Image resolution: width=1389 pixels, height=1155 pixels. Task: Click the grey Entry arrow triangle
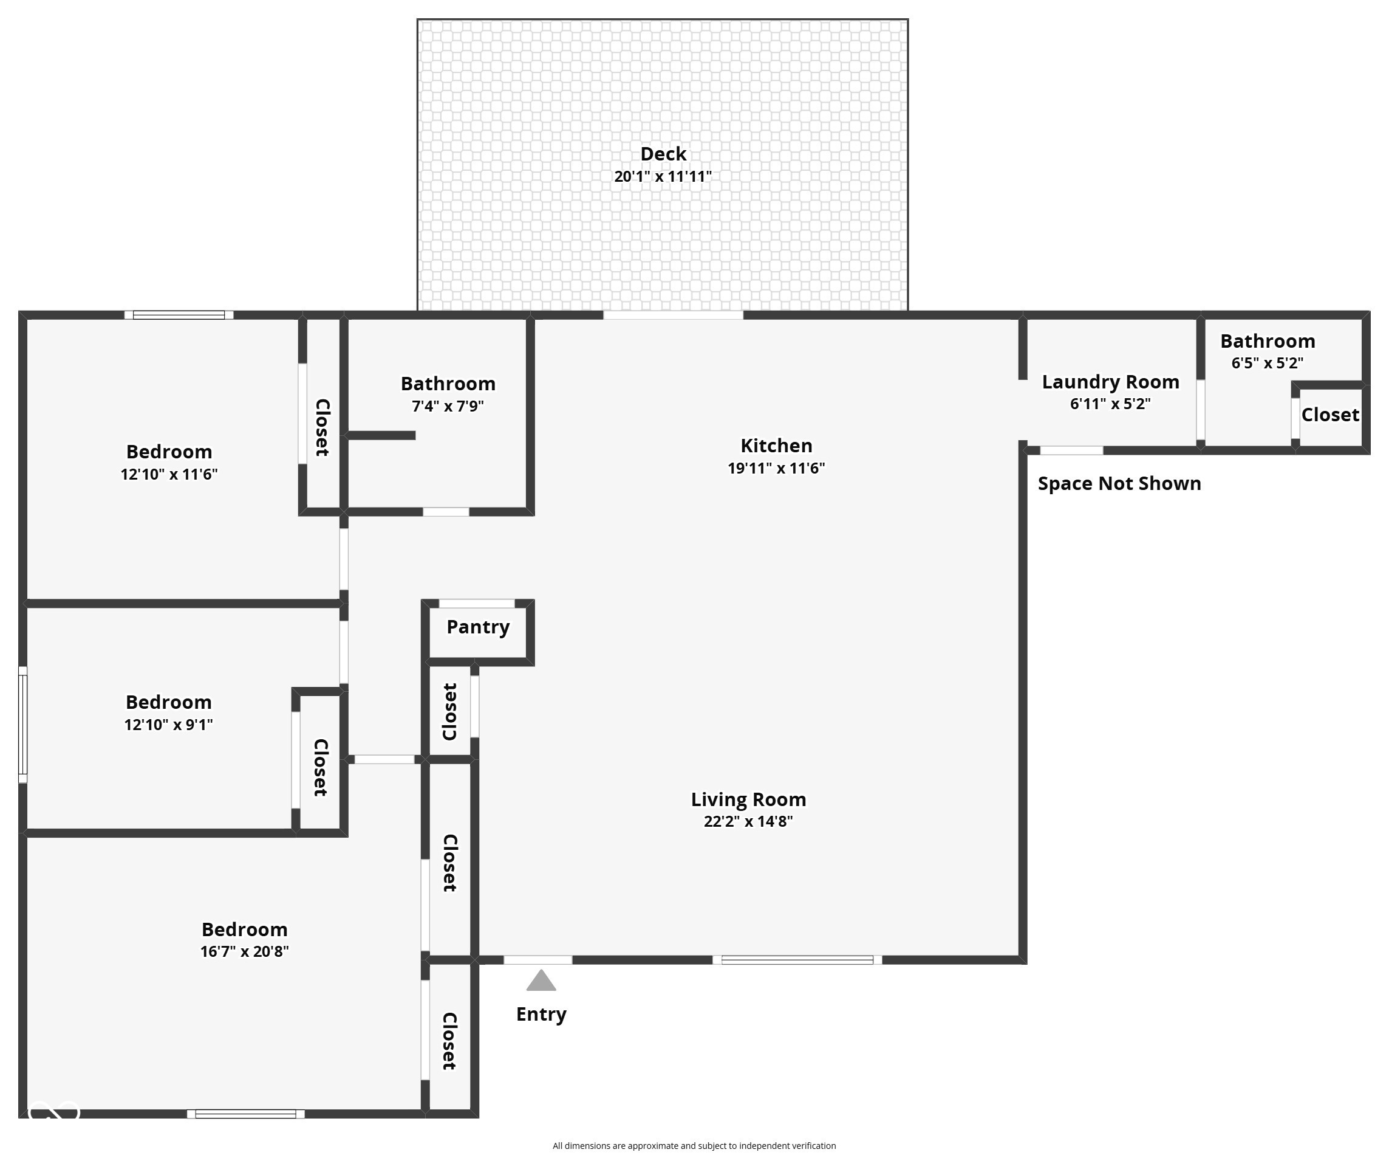point(541,981)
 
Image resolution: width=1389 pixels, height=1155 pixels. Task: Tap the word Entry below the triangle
point(541,1014)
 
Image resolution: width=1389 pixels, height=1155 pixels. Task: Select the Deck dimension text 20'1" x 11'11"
point(663,177)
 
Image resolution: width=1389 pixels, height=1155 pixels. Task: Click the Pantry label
point(477,627)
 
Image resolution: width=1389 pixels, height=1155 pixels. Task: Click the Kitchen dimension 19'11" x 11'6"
point(776,469)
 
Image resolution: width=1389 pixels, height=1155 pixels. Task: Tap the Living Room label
point(748,799)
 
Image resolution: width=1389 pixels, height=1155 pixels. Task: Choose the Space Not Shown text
point(1119,484)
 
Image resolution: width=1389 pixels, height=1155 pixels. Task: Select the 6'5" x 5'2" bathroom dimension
point(1268,364)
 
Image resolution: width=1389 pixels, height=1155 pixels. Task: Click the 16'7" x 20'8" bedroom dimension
point(244,952)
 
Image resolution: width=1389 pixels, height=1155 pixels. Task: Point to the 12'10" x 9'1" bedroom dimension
point(169,725)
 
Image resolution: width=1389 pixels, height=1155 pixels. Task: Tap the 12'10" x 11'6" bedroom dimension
point(169,475)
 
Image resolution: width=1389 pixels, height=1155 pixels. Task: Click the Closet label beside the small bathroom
point(1329,415)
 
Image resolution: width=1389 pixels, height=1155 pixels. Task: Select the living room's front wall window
point(797,960)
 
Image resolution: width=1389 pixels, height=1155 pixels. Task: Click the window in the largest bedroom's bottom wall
point(245,1114)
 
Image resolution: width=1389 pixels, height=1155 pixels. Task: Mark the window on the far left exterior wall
point(22,724)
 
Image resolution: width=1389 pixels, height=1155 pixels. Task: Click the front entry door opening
point(538,960)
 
